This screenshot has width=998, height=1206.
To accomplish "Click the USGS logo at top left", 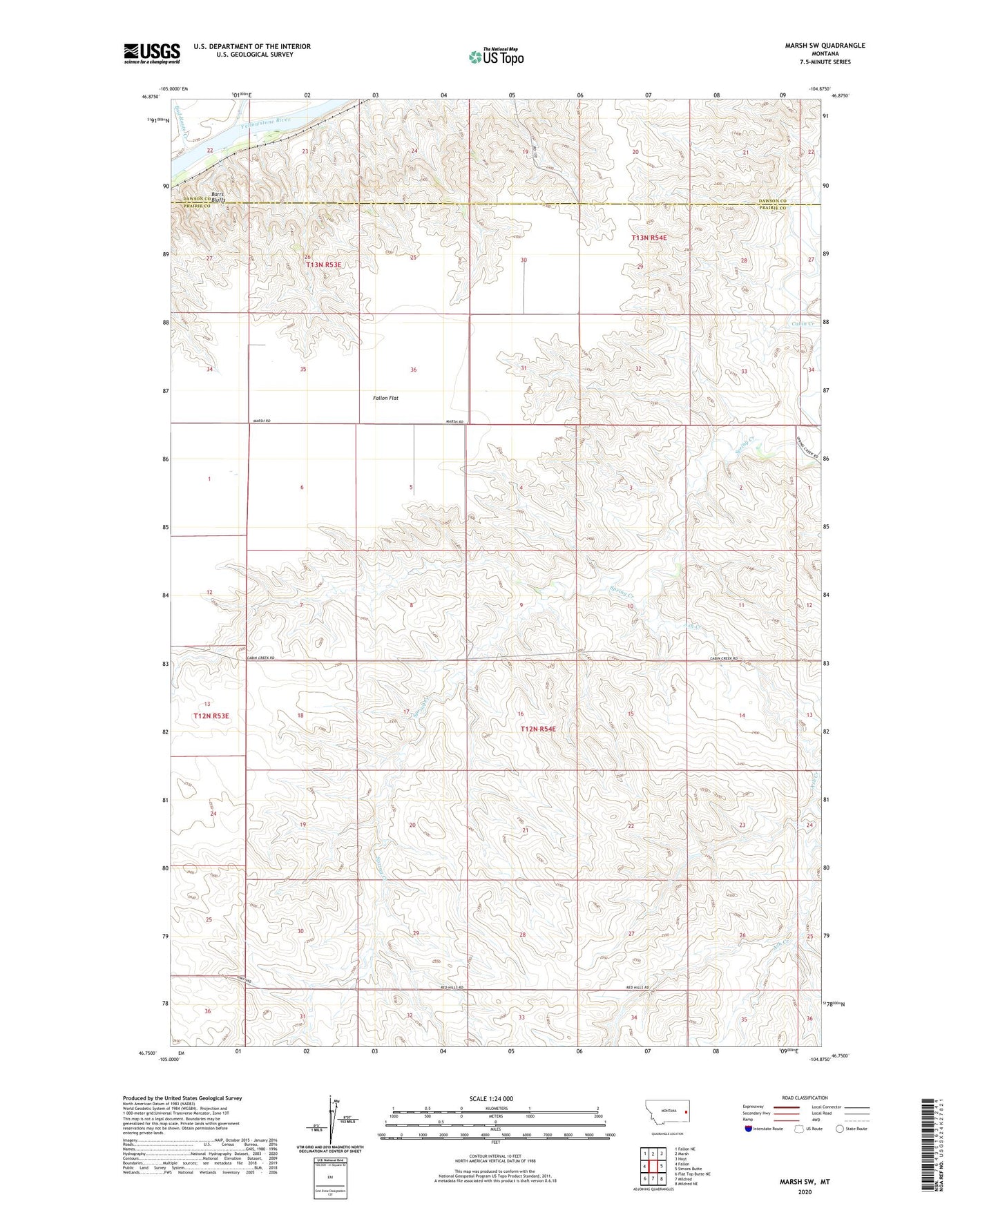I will tap(152, 52).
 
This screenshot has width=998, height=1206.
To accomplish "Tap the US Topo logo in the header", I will tap(496, 56).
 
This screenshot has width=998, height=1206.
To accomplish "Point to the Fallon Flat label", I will tap(385, 398).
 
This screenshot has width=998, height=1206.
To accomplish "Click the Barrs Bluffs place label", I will tap(218, 196).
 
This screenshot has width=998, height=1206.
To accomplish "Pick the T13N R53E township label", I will tap(324, 265).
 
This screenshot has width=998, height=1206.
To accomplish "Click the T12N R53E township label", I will tap(211, 716).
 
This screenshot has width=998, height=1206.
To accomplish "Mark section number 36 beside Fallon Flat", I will tap(413, 370).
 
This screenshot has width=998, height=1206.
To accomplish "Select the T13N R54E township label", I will tap(649, 238).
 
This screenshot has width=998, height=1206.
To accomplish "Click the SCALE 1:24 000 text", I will tap(491, 1098).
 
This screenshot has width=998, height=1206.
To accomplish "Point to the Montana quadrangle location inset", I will tap(666, 1114).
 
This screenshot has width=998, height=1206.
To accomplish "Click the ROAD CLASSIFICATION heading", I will tap(805, 1098).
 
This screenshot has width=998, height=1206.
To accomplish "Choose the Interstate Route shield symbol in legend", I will tap(748, 1129).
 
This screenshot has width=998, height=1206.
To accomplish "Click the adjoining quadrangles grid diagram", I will tap(653, 1167).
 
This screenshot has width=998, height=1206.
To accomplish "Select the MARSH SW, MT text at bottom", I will tap(805, 1182).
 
